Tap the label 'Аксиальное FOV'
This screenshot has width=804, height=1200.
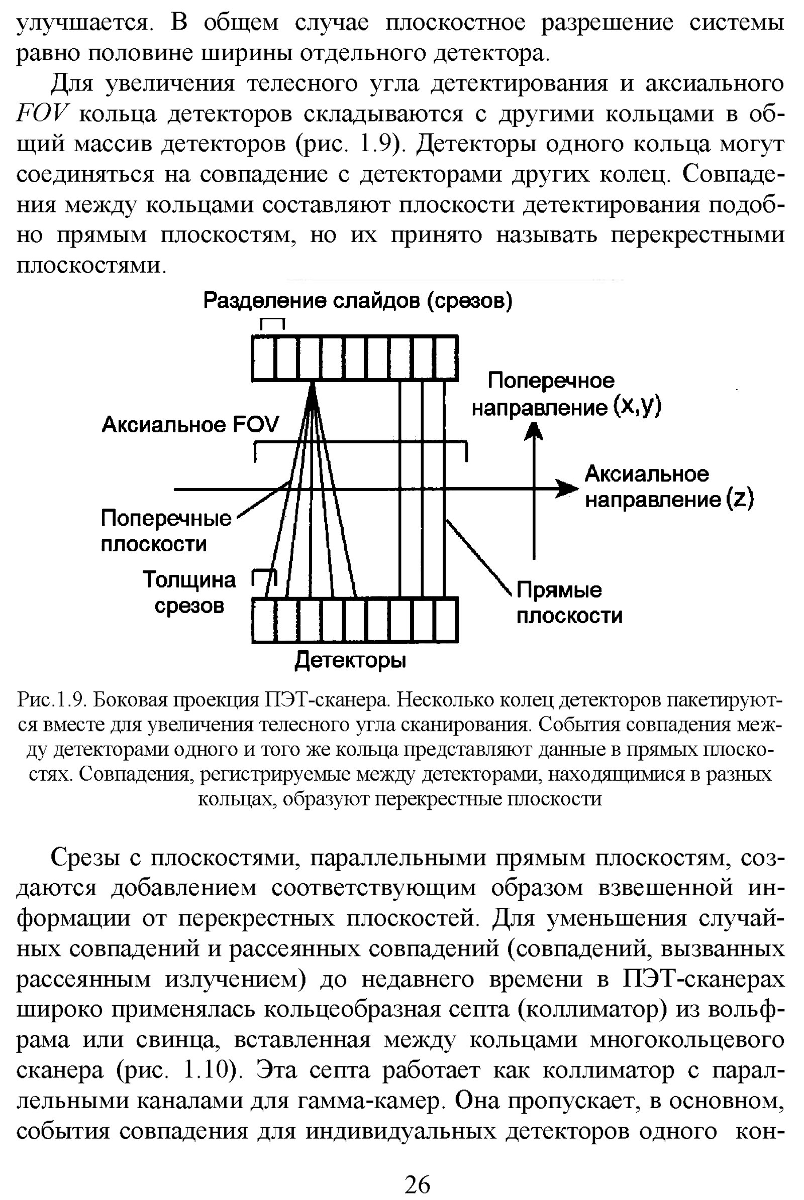[x=190, y=425]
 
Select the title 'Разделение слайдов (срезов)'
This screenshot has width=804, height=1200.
[x=357, y=301]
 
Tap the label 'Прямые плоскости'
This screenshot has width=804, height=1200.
[x=569, y=603]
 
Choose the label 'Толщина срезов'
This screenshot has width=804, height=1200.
[x=189, y=593]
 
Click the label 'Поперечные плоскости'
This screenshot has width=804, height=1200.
[x=166, y=531]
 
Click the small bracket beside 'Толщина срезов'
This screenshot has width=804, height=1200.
[x=263, y=577]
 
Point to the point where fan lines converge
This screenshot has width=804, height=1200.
[x=312, y=384]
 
